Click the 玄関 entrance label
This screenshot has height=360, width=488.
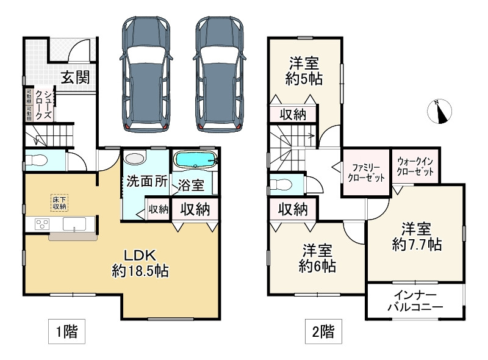pos(76,77)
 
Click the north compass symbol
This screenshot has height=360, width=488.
pos(439,113)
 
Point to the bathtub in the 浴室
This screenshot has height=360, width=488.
pos(195,160)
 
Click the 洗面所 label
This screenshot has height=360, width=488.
pos(147,181)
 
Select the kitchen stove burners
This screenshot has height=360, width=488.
pos(42,223)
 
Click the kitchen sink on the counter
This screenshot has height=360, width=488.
pos(74,223)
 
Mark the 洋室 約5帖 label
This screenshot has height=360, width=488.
pos(303,71)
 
